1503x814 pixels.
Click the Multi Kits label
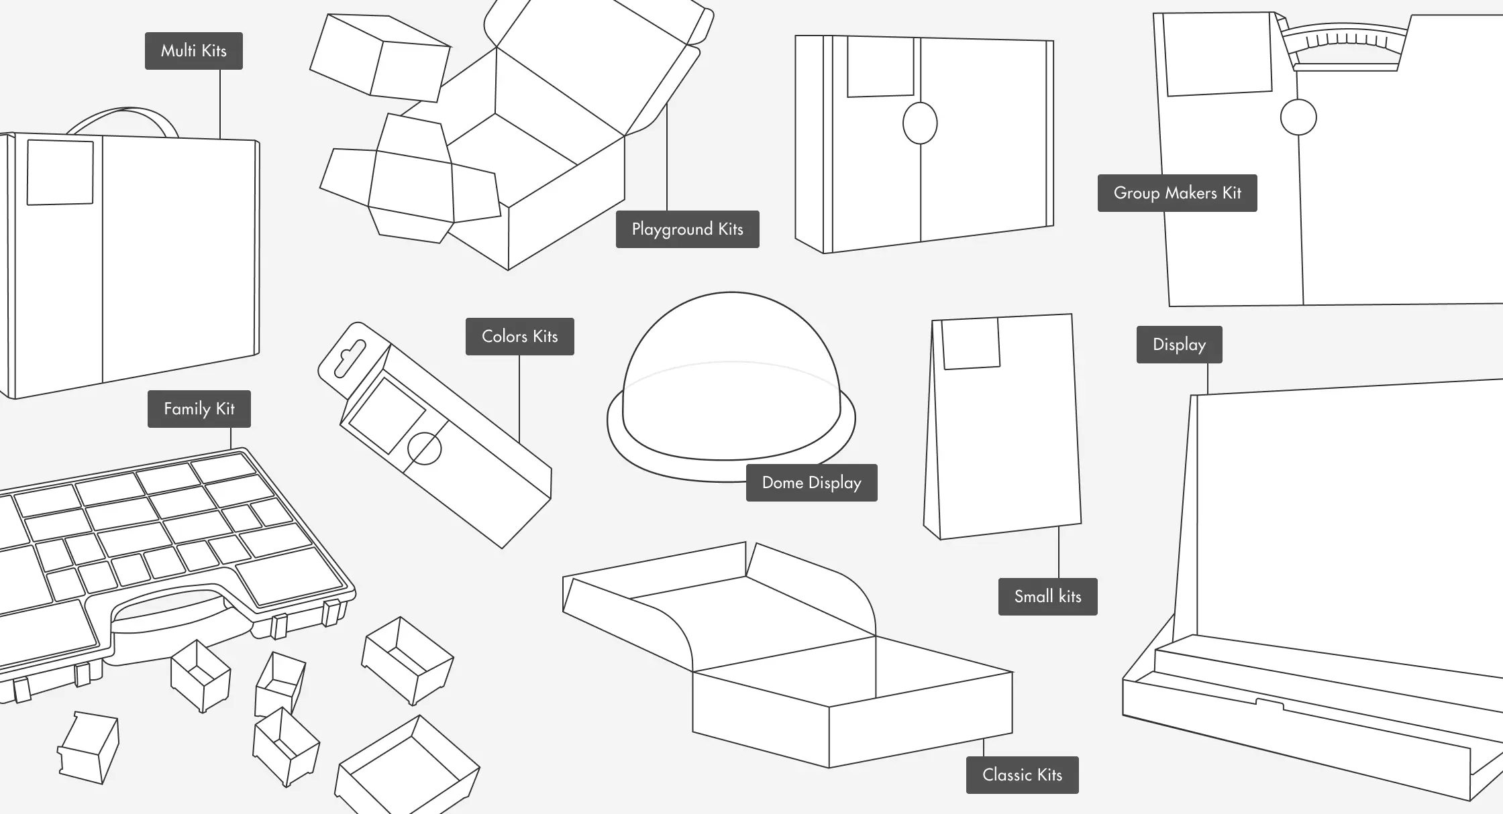point(193,51)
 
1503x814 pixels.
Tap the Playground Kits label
point(687,229)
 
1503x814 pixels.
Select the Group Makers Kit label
point(1177,193)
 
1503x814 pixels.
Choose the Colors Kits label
point(519,337)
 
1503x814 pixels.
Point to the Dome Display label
point(811,483)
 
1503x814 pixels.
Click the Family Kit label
point(199,409)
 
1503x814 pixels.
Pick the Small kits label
point(1047,597)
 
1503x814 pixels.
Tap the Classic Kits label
point(1022,775)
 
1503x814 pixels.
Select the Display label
point(1179,345)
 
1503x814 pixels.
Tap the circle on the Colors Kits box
point(424,449)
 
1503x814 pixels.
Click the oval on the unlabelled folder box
point(920,123)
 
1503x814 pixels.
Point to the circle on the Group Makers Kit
point(1298,117)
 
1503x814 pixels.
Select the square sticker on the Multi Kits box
point(60,172)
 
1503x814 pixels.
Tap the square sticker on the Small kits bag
point(971,343)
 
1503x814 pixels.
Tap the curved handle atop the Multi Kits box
point(123,117)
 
